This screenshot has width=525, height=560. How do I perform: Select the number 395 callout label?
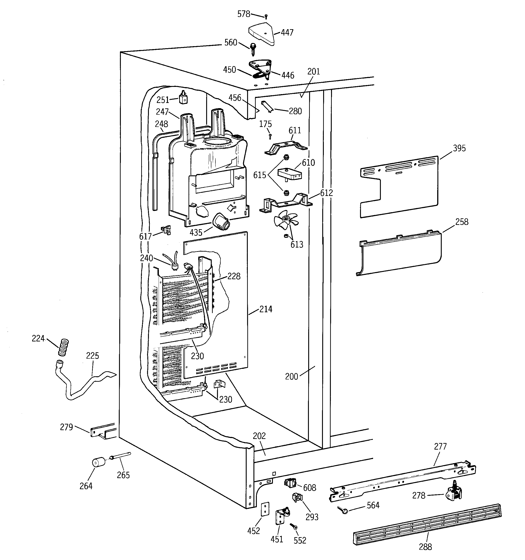tap(459, 148)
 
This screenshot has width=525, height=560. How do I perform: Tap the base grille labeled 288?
tap(427, 524)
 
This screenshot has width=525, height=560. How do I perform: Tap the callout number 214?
tap(265, 309)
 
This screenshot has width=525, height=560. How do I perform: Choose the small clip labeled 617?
tap(166, 230)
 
